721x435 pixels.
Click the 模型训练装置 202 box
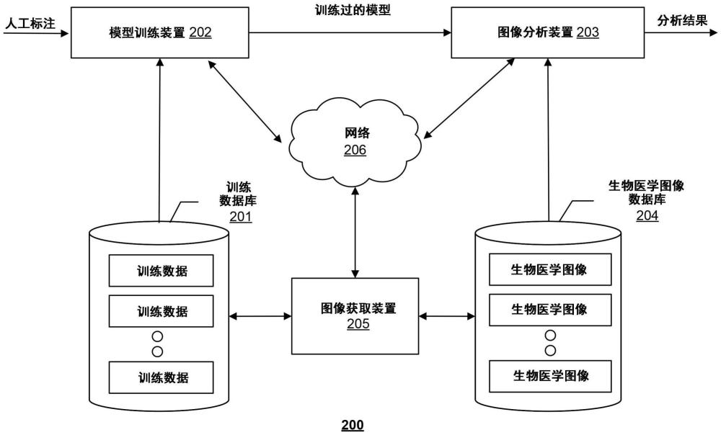(x=160, y=32)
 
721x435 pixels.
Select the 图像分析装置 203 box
(x=548, y=32)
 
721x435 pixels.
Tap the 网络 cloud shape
(x=355, y=142)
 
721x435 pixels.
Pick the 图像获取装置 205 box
(x=355, y=316)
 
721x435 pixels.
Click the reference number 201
(x=241, y=216)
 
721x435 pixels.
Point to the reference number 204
(x=647, y=215)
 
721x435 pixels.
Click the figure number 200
(x=353, y=426)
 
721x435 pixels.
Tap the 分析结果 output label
(x=682, y=21)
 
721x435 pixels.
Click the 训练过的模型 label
(x=353, y=10)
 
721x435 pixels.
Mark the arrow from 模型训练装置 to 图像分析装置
(x=350, y=32)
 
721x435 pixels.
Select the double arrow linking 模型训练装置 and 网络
(x=245, y=101)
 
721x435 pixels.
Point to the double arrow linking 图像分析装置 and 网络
(x=469, y=99)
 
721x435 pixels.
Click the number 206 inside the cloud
(x=355, y=150)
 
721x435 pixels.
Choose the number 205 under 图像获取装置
(x=358, y=324)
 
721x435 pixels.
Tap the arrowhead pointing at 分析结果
(x=713, y=32)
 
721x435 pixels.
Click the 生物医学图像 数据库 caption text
(x=647, y=192)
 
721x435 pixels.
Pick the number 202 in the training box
(x=200, y=32)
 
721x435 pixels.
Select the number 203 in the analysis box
(x=588, y=32)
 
